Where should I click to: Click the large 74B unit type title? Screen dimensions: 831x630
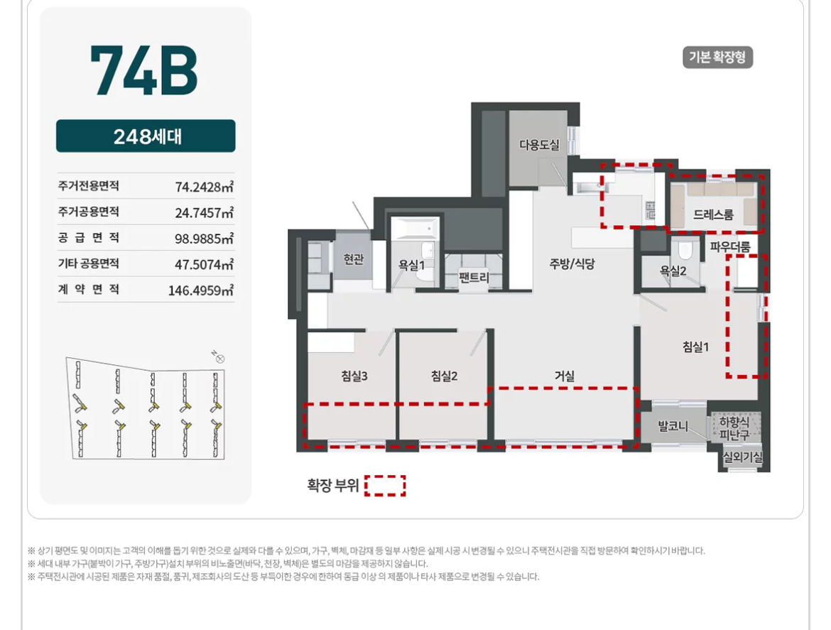tap(143, 70)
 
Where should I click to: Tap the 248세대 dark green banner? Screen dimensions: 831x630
tap(146, 136)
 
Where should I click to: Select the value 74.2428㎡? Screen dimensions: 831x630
tap(204, 187)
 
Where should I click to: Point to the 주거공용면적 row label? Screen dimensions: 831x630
tap(89, 212)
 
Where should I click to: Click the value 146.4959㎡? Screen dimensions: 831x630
tap(201, 290)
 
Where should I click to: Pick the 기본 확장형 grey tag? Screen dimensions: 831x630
tap(717, 58)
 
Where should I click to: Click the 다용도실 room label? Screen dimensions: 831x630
tap(539, 145)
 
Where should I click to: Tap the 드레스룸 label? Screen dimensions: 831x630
tap(713, 214)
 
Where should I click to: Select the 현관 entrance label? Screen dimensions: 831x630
tap(354, 259)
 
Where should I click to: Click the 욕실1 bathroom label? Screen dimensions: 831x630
tap(412, 265)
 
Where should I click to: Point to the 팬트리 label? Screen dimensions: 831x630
tap(474, 277)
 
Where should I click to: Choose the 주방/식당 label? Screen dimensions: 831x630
tap(572, 264)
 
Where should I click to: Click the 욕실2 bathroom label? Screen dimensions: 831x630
tap(673, 271)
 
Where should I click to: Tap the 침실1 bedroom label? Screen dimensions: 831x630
tap(695, 347)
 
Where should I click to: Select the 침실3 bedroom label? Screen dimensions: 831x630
tap(354, 376)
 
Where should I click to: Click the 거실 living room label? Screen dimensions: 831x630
tap(565, 376)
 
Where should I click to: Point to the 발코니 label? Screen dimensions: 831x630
tap(673, 426)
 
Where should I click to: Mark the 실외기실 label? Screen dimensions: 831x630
tap(742, 457)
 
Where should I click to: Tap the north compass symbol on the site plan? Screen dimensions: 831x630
tap(219, 358)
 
